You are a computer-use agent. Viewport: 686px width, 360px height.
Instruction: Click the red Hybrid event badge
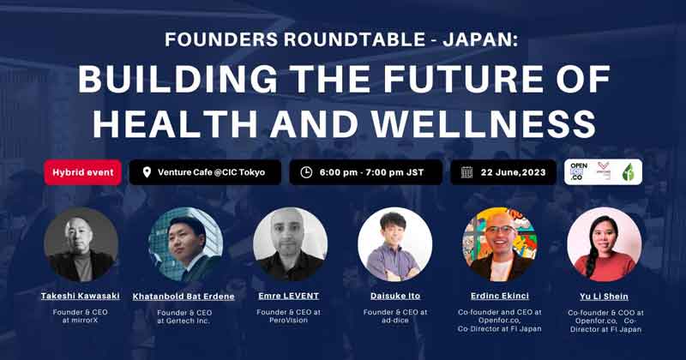tap(82, 172)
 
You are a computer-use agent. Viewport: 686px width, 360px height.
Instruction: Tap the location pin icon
tap(146, 172)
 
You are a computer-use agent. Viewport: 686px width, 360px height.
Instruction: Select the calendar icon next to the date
tap(466, 172)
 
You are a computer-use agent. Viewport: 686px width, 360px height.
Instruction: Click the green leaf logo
tap(628, 172)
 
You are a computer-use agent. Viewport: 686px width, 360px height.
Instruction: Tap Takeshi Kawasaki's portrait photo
tap(81, 244)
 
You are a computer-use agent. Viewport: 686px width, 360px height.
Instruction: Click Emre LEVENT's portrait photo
tap(291, 244)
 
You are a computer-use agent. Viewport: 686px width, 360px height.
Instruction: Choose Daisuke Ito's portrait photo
tap(394, 244)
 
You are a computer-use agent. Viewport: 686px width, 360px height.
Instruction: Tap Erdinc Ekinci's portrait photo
tap(500, 244)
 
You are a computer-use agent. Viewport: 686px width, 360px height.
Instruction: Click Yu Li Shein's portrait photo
tap(604, 244)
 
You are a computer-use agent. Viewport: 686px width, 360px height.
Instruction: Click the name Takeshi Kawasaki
tap(81, 296)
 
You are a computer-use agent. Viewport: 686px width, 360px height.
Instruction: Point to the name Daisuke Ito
tap(395, 296)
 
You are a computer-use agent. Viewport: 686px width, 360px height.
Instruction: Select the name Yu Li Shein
tap(604, 297)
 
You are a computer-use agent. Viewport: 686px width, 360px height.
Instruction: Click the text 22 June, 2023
tap(514, 172)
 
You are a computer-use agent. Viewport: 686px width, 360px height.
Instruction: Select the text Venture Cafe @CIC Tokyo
tap(211, 172)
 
